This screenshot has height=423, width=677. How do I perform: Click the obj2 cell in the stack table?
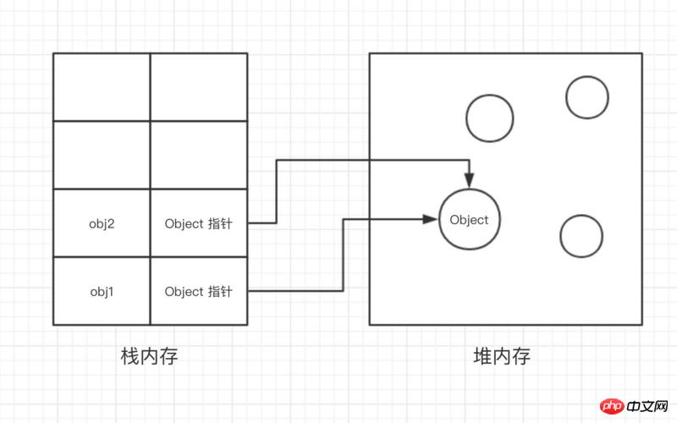click(102, 223)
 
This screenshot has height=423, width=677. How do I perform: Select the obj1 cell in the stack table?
click(102, 292)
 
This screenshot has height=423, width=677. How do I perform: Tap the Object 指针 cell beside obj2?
click(198, 223)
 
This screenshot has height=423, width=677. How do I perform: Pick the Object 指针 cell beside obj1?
click(198, 292)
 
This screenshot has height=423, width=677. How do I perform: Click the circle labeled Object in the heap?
click(469, 220)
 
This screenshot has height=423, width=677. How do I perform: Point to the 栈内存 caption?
click(150, 356)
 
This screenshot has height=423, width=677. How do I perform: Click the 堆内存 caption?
click(502, 356)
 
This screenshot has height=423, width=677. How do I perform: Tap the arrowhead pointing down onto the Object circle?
click(469, 180)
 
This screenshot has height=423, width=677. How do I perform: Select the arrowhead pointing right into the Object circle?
click(431, 219)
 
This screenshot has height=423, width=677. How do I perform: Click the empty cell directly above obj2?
click(102, 155)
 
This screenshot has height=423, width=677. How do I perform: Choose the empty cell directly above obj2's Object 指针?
click(198, 155)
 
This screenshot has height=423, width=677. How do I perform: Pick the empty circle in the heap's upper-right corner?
click(586, 97)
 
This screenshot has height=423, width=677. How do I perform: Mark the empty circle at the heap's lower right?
click(581, 236)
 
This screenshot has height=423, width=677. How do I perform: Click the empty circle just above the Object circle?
click(489, 117)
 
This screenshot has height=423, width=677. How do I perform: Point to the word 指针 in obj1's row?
click(219, 292)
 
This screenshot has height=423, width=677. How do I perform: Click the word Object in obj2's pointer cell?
click(184, 223)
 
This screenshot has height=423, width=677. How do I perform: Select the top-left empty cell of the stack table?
click(102, 86)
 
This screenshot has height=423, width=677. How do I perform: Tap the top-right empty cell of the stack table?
click(198, 86)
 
